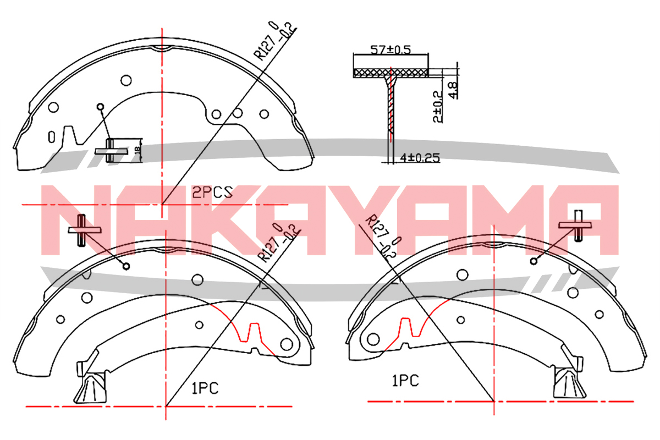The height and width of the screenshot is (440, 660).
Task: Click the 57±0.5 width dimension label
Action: pos(391,50)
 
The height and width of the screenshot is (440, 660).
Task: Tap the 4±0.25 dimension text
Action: pos(420,158)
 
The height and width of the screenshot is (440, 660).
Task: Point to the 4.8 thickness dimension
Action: pos(453,90)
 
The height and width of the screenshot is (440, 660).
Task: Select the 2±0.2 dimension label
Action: pos(438,106)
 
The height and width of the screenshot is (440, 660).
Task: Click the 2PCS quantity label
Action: pos(212,192)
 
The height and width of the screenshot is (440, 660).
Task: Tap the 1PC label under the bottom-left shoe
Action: pos(205,388)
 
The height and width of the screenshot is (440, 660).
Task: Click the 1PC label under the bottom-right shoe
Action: pos(405,381)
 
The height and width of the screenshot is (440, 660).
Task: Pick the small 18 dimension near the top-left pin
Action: pos(137,151)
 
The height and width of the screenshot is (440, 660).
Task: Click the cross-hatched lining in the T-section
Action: pos(391,73)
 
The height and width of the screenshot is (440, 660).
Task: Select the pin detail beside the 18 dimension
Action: pos(111,151)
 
